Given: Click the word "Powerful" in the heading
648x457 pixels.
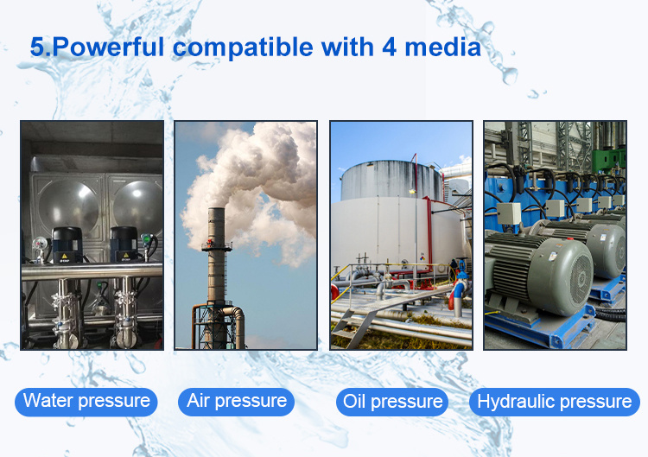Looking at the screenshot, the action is [109, 47].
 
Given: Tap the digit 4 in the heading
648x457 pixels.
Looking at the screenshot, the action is [390, 47].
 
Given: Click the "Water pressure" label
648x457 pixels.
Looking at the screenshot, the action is [86, 402].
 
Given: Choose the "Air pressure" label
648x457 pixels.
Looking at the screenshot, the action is [237, 402].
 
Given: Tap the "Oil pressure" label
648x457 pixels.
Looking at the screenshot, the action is [392, 402].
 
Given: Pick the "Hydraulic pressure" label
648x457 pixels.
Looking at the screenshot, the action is [555, 402].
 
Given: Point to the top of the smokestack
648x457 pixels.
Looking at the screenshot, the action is [216, 209].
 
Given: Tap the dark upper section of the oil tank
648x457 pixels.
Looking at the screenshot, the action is [391, 181].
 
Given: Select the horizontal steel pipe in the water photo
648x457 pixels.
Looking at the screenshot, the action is [92, 270].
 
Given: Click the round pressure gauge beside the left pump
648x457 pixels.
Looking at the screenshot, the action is [40, 244].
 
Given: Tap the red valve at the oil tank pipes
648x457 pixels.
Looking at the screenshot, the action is [455, 294].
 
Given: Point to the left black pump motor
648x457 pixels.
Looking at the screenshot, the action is [67, 244].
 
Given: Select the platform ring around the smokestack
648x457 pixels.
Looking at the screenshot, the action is [217, 247].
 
